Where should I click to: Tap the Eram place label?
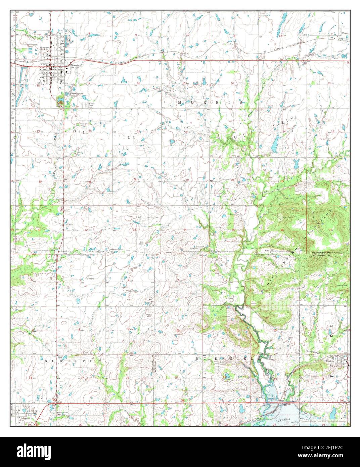pyautogui.click(x=345, y=34)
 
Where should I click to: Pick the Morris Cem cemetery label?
pyautogui.click(x=92, y=105)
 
